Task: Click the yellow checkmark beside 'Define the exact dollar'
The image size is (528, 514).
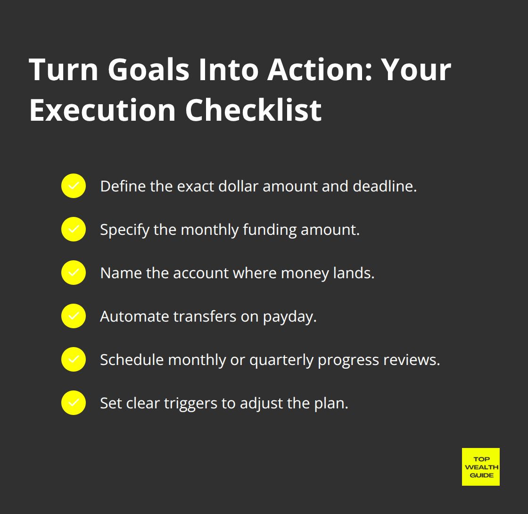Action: click(74, 186)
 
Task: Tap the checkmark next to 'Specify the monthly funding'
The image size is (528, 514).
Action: click(74, 229)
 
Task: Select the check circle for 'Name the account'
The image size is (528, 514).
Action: click(74, 273)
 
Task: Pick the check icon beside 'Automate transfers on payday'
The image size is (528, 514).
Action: click(74, 316)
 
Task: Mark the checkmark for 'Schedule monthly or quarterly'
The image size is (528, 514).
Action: click(74, 359)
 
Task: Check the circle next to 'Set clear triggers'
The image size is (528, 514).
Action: click(74, 403)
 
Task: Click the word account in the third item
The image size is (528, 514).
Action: click(200, 273)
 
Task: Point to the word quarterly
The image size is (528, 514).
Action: click(281, 360)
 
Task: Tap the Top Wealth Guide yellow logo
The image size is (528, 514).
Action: click(480, 466)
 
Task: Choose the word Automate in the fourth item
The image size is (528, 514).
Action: click(134, 316)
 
